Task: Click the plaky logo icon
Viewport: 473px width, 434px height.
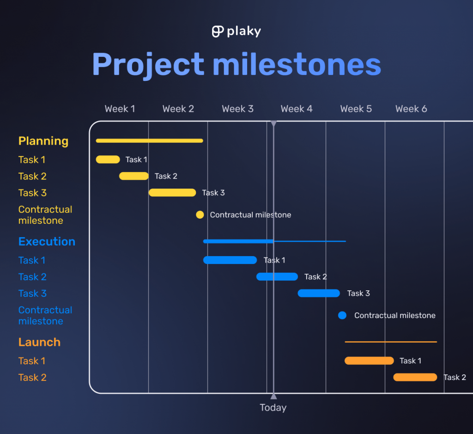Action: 218,31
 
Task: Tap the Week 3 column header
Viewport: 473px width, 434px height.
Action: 237,109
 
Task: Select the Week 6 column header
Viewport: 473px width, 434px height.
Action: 411,109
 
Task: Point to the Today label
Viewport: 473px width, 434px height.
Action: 273,408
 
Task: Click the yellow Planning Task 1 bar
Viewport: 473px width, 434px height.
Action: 108,159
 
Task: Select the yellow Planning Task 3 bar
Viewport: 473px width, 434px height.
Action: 172,193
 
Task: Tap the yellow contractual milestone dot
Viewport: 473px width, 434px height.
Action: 200,214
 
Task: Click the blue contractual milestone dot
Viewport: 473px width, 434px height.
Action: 342,315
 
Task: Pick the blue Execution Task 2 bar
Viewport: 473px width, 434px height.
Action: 277,277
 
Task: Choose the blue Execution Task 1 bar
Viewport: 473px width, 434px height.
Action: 230,260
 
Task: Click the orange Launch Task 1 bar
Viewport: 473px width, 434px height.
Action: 369,361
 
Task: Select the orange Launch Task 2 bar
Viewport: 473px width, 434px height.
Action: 415,377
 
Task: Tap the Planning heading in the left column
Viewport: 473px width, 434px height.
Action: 43,141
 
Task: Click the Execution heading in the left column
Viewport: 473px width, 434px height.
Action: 47,242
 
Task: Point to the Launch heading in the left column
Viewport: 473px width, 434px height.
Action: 39,342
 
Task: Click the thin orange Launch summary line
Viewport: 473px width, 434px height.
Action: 391,342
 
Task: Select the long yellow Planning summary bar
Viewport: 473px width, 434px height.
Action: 149,141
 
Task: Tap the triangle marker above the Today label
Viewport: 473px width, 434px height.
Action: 273,396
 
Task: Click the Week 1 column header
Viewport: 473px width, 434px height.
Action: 120,109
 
